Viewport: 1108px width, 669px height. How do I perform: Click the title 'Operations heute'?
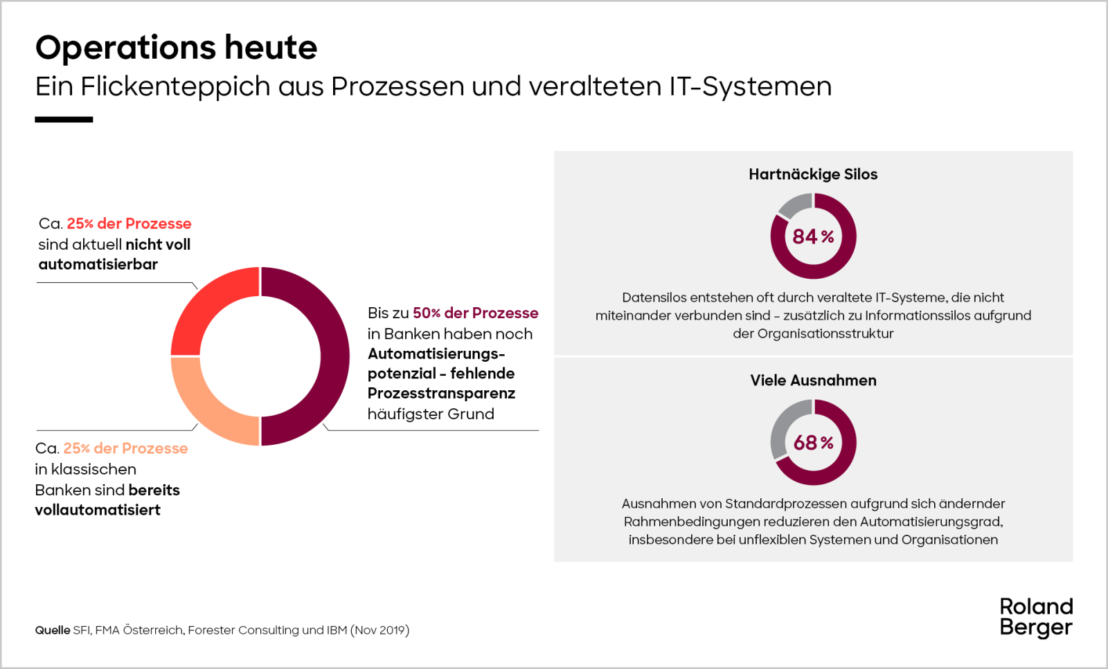pyautogui.click(x=176, y=48)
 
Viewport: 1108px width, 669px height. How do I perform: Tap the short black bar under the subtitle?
pyautogui.click(x=64, y=120)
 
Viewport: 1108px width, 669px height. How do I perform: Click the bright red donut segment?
pyautogui.click(x=201, y=304)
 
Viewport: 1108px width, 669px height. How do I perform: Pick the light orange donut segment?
pyautogui.click(x=201, y=408)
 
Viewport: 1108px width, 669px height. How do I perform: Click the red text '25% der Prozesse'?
pyautogui.click(x=129, y=223)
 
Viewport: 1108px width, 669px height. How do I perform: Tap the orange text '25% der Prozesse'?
pyautogui.click(x=125, y=448)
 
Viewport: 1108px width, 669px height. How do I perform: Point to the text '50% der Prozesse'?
pyautogui.click(x=475, y=313)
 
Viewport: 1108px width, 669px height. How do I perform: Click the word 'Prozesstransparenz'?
pyautogui.click(x=441, y=394)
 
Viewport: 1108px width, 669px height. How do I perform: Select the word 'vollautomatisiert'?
pyautogui.click(x=98, y=510)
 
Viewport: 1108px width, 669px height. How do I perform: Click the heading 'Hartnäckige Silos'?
pyautogui.click(x=813, y=174)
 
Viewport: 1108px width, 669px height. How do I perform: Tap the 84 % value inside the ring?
pyautogui.click(x=813, y=237)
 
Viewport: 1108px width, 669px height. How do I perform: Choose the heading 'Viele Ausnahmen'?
pyautogui.click(x=813, y=381)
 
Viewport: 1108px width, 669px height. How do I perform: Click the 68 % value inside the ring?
pyautogui.click(x=813, y=443)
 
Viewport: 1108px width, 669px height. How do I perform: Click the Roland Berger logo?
pyautogui.click(x=1036, y=616)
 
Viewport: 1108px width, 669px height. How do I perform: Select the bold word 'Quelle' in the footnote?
pyautogui.click(x=53, y=630)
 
